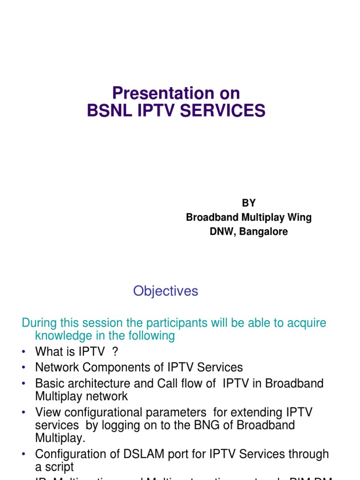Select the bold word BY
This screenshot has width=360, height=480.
(x=248, y=203)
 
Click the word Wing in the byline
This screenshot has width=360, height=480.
(x=300, y=217)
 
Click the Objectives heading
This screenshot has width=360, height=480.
(x=165, y=291)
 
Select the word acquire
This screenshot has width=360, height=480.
(x=305, y=323)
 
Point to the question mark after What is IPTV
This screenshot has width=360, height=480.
(x=115, y=352)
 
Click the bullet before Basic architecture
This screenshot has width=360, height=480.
(x=24, y=384)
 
